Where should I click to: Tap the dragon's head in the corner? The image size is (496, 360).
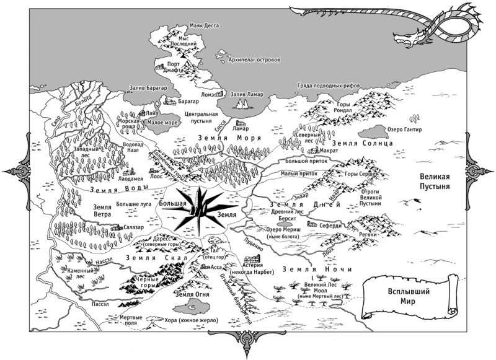tap(411, 38)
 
